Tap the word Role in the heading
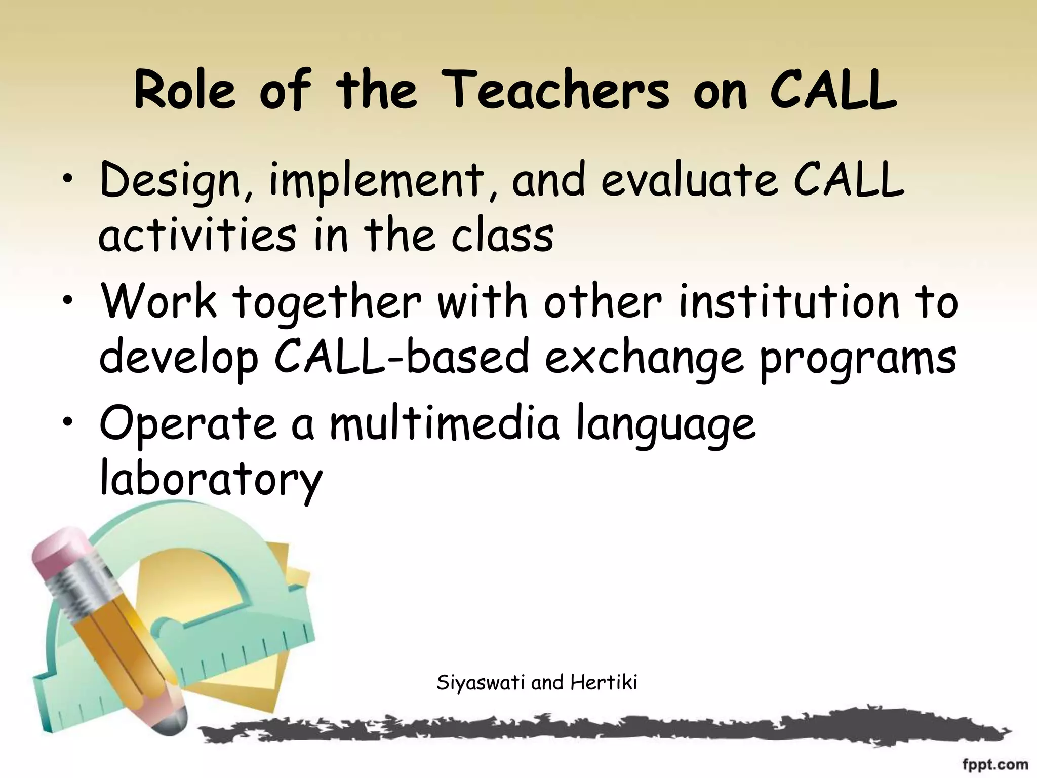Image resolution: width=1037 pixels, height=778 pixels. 185,91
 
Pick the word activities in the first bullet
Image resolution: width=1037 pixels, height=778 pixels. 197,235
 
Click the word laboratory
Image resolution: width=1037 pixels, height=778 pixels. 211,479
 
